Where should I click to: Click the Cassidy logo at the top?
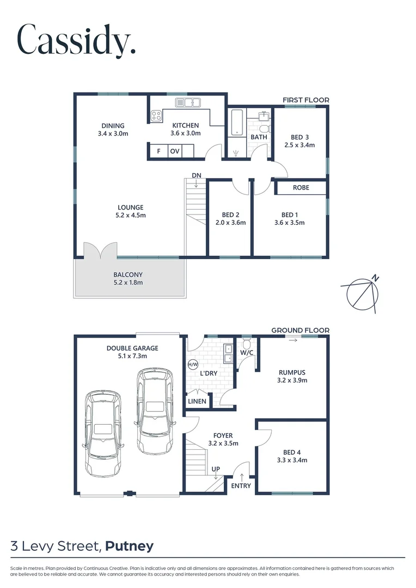coord(76,40)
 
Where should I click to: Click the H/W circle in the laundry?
coord(192,365)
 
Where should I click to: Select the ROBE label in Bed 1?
coord(301,187)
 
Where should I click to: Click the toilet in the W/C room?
coord(247,345)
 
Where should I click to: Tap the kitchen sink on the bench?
coord(188,102)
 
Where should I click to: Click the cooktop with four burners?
coord(156,116)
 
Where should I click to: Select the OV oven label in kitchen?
coord(175,151)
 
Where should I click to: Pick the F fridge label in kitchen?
coord(158,151)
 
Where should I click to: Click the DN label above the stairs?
coord(196,175)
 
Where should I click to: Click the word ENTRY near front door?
coord(241,486)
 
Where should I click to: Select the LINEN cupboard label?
coord(197,402)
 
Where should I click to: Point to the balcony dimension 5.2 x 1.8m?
coord(128,283)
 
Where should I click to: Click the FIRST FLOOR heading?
coord(305,100)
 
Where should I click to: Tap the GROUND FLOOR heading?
coord(300,330)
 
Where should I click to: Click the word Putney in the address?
coord(130,546)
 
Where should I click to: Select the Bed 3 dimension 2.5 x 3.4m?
coord(299,145)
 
